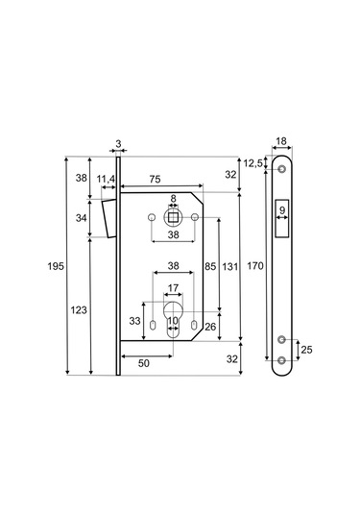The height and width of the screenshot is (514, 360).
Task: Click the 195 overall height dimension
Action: click(x=56, y=266)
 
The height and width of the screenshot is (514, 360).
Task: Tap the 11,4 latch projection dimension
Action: click(x=106, y=179)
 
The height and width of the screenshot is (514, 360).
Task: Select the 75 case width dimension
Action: click(x=155, y=179)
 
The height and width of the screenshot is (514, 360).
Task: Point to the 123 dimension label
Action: click(x=79, y=309)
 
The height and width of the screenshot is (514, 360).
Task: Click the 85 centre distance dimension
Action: click(x=210, y=266)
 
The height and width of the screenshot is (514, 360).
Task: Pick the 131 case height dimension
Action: click(x=230, y=267)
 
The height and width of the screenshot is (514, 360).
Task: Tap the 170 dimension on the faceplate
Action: click(x=255, y=265)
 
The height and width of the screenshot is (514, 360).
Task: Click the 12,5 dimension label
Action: click(x=253, y=163)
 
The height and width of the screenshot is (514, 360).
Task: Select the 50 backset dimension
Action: click(x=144, y=363)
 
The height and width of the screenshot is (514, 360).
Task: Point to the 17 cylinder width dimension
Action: click(x=173, y=288)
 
